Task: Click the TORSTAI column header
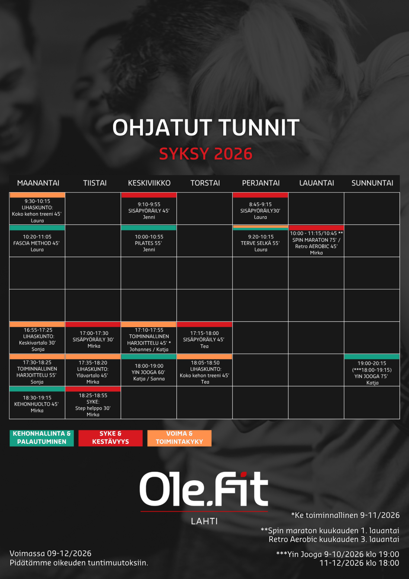click(205, 183)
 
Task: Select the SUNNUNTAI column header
click(372, 183)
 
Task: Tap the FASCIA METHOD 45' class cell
click(37, 241)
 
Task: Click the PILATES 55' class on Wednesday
click(149, 241)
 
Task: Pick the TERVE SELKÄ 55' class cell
click(260, 241)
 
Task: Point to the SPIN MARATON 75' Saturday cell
click(316, 241)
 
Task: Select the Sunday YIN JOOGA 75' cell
click(372, 370)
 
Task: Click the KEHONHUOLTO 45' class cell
click(37, 402)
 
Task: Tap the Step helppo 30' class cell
click(93, 402)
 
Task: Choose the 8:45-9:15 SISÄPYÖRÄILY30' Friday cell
click(260, 208)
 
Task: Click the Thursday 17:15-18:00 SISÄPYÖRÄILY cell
click(204, 338)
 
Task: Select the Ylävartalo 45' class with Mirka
click(93, 370)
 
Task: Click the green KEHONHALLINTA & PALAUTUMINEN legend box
click(42, 438)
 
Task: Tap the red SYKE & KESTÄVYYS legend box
click(111, 438)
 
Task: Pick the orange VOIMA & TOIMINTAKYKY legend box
click(179, 438)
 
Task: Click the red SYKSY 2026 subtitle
click(205, 154)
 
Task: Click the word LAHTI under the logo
click(204, 521)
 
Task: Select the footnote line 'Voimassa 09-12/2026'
click(51, 553)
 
